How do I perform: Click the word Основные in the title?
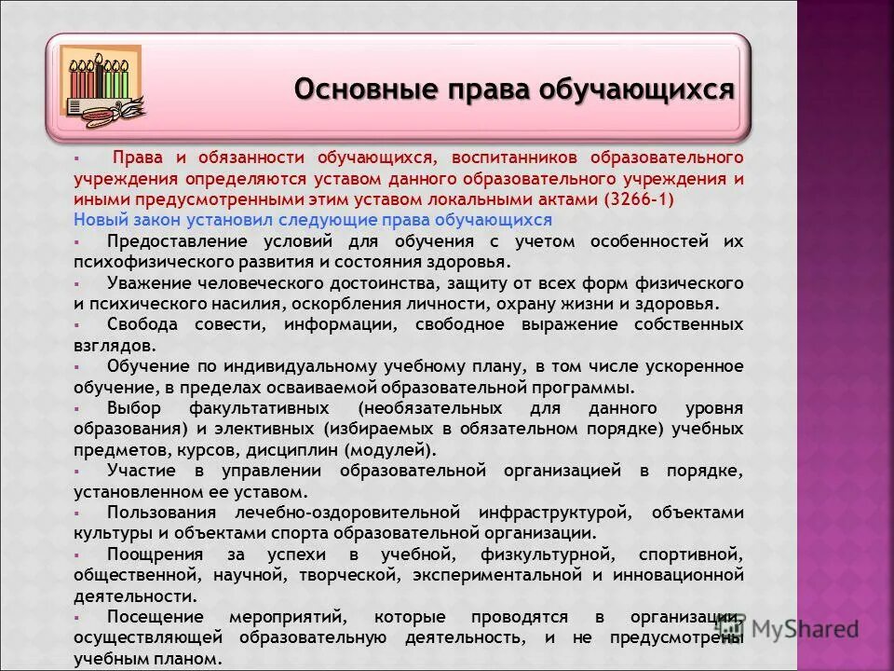(349, 89)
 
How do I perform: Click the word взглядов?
(111, 344)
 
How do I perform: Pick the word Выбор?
(134, 408)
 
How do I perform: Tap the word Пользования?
(162, 512)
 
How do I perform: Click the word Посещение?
(155, 617)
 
